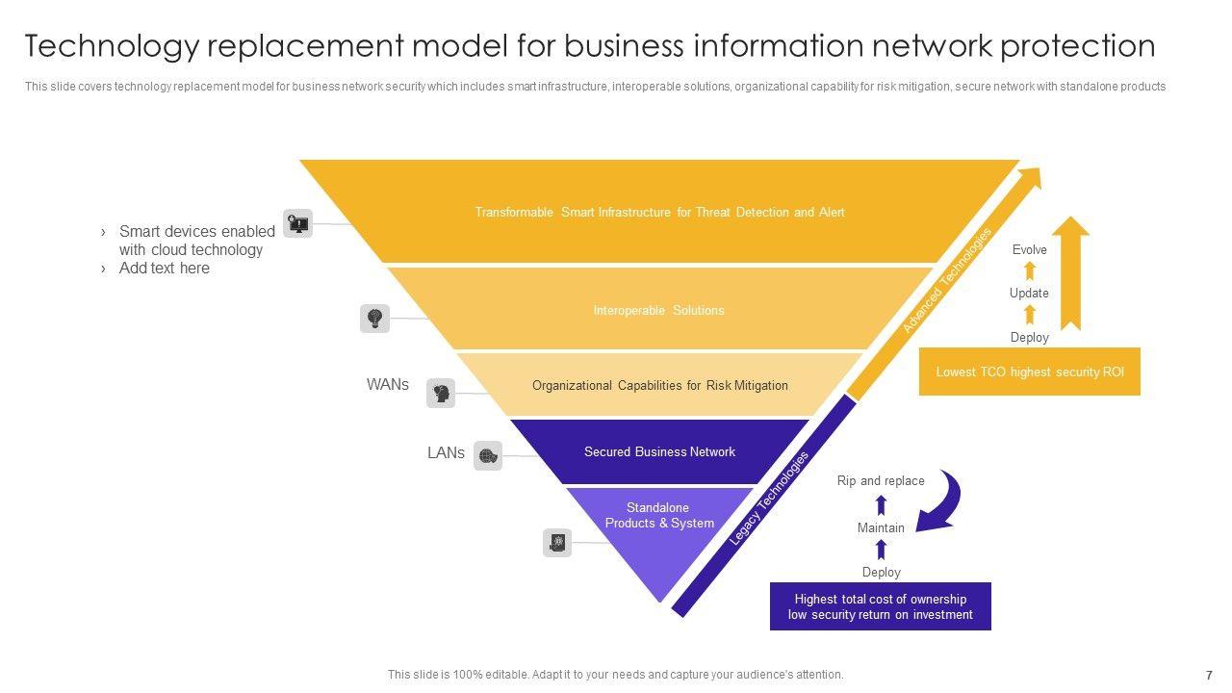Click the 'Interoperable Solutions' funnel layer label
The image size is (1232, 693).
(x=658, y=310)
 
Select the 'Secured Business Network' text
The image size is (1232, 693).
(x=659, y=451)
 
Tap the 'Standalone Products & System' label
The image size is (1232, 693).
(x=659, y=516)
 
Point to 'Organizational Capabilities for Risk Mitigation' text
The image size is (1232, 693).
(x=659, y=385)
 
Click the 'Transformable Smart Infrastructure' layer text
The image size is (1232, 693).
(x=659, y=212)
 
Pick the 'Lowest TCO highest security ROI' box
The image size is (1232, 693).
(x=1029, y=372)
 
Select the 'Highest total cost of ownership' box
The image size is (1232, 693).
(x=880, y=606)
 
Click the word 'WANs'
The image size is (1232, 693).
(x=387, y=384)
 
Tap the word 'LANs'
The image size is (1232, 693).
(x=446, y=452)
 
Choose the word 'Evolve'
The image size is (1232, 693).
(x=1029, y=249)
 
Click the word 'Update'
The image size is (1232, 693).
(x=1029, y=293)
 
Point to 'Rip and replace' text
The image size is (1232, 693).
(x=880, y=480)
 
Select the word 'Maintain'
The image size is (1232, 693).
(x=881, y=527)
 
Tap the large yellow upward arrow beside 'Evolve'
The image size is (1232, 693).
(x=1070, y=273)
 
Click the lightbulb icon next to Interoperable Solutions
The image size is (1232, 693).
(x=374, y=318)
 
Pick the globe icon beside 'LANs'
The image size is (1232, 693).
(x=488, y=455)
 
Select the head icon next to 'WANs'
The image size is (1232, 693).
(x=441, y=393)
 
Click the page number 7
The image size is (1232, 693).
(x=1209, y=676)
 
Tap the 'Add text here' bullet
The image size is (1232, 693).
(x=164, y=269)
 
